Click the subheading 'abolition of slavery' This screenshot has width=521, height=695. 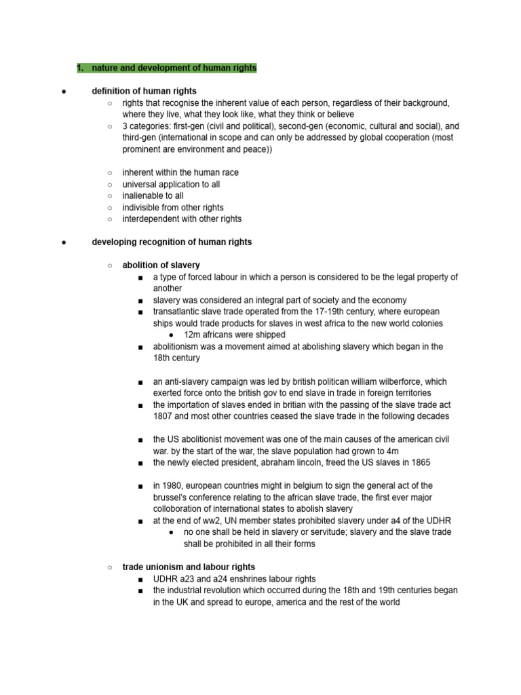click(161, 265)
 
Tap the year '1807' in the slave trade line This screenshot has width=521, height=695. click(164, 416)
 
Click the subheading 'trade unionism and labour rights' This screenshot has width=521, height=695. click(189, 567)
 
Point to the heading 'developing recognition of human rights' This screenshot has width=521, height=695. click(172, 242)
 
